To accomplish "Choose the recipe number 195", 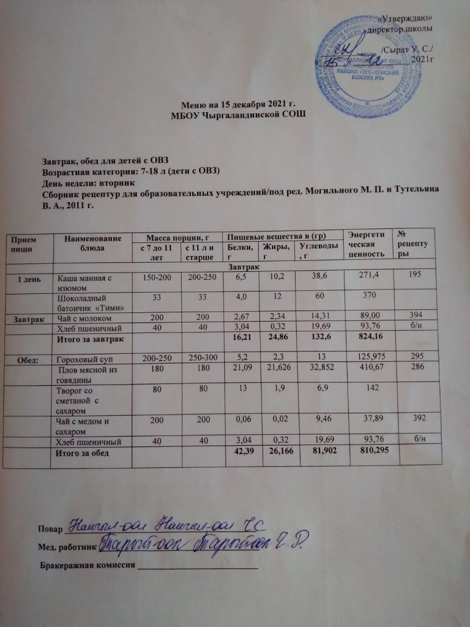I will coord(417,277).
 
